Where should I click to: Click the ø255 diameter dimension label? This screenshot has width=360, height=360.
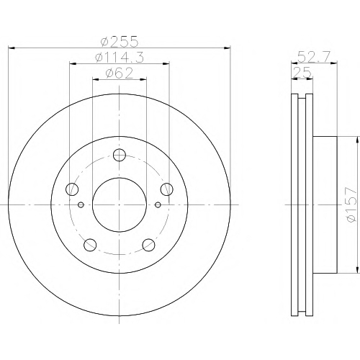pyautogui.click(x=120, y=41)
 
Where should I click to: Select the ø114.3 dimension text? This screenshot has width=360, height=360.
pyautogui.click(x=120, y=58)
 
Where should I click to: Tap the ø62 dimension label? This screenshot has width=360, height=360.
pyautogui.click(x=120, y=73)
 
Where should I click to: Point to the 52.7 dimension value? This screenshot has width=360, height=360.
pyautogui.click(x=314, y=57)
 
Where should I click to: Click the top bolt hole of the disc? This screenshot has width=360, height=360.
pyautogui.click(x=120, y=155)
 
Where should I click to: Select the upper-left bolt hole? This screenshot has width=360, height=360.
pyautogui.click(x=72, y=189)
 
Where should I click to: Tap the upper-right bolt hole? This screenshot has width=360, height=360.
pyautogui.click(x=167, y=189)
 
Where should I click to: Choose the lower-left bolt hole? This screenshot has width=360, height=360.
pyautogui.click(x=90, y=245)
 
